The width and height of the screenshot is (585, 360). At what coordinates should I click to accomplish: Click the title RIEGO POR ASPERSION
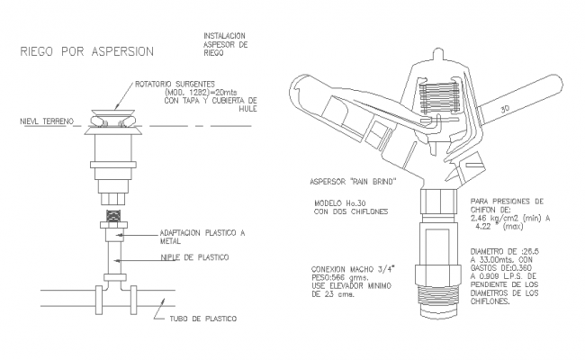pos(86,51)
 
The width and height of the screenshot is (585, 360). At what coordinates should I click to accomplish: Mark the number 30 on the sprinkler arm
pos(505,108)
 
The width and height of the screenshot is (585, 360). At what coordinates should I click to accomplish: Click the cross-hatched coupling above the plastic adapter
pos(113,217)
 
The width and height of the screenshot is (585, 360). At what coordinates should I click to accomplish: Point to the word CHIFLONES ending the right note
pos(490,301)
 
